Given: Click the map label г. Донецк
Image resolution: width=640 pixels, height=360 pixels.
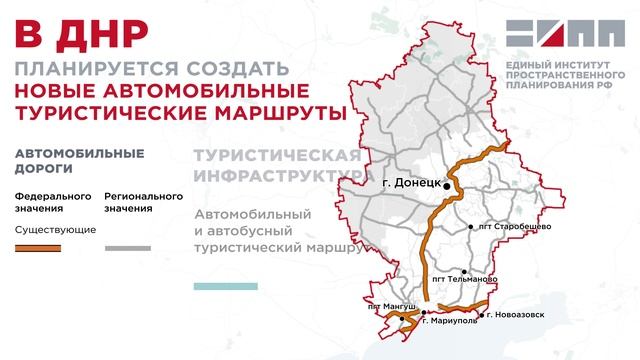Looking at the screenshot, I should click(411, 184).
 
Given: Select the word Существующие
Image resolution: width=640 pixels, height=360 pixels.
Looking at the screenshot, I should click(56, 229).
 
